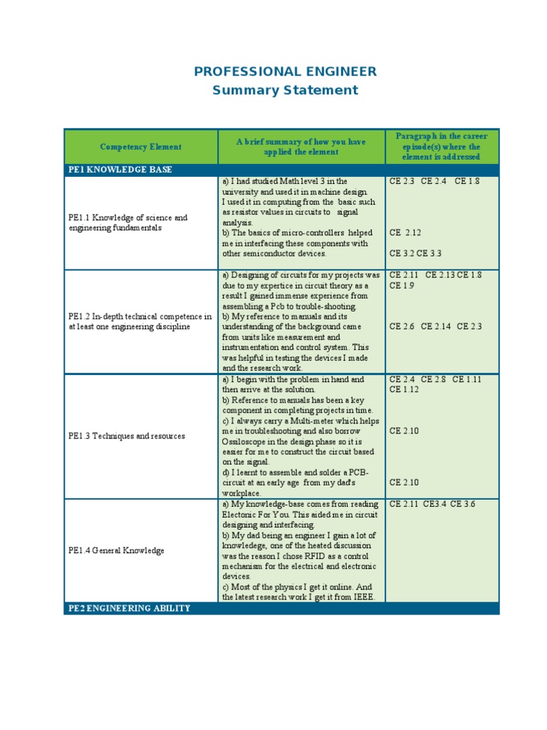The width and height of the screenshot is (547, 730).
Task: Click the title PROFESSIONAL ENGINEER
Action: [285, 71]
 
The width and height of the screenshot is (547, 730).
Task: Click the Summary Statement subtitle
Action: [285, 90]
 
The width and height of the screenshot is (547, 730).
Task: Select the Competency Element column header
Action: [140, 147]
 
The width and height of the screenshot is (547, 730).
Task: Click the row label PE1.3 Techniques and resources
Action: [127, 436]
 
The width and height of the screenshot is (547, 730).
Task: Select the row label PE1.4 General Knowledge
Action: [116, 550]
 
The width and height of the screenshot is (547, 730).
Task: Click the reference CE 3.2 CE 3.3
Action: [415, 253]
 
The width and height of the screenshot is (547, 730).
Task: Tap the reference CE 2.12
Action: [405, 232]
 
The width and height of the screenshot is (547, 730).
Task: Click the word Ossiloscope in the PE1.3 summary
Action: [245, 441]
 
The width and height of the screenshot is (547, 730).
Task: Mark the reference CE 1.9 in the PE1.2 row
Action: [402, 286]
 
